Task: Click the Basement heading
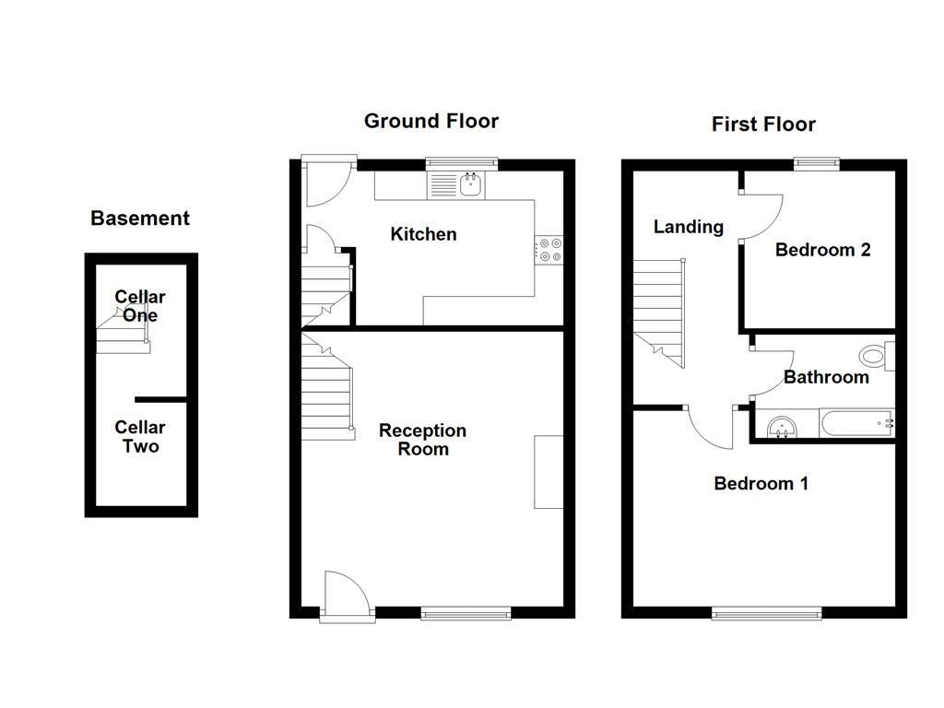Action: [x=140, y=218]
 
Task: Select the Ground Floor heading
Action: [x=431, y=121]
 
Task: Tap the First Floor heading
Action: [x=763, y=124]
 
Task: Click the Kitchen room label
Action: [x=423, y=234]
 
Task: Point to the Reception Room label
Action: [x=423, y=440]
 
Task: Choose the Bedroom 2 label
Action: [x=822, y=250]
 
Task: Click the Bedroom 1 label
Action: [x=761, y=483]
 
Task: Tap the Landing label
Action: [x=688, y=227]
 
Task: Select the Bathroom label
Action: [x=826, y=377]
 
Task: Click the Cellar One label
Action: [x=140, y=306]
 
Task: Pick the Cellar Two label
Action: [x=140, y=437]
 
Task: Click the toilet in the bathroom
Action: [x=872, y=355]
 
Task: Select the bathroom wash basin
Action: [x=782, y=426]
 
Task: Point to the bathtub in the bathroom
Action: [x=856, y=425]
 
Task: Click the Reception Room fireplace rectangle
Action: [x=549, y=471]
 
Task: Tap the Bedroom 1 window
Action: [x=765, y=612]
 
